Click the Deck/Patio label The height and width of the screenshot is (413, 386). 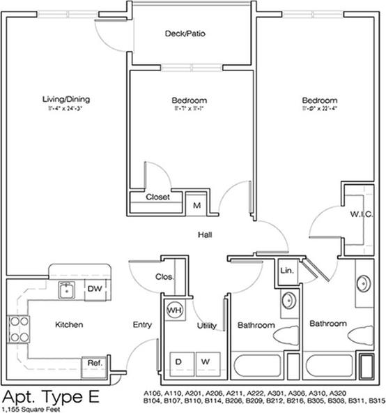click(x=185, y=33)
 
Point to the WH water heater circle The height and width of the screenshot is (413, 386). click(x=174, y=310)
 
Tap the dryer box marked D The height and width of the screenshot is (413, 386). click(x=179, y=361)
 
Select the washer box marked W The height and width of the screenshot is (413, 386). click(x=206, y=361)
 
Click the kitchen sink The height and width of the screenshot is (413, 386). click(x=67, y=289)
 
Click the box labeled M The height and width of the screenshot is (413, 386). click(x=197, y=206)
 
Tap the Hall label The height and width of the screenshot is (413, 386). click(x=204, y=235)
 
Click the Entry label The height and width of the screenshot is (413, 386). click(x=142, y=325)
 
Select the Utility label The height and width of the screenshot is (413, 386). click(x=206, y=326)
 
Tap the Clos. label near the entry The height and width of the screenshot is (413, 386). click(x=164, y=276)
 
